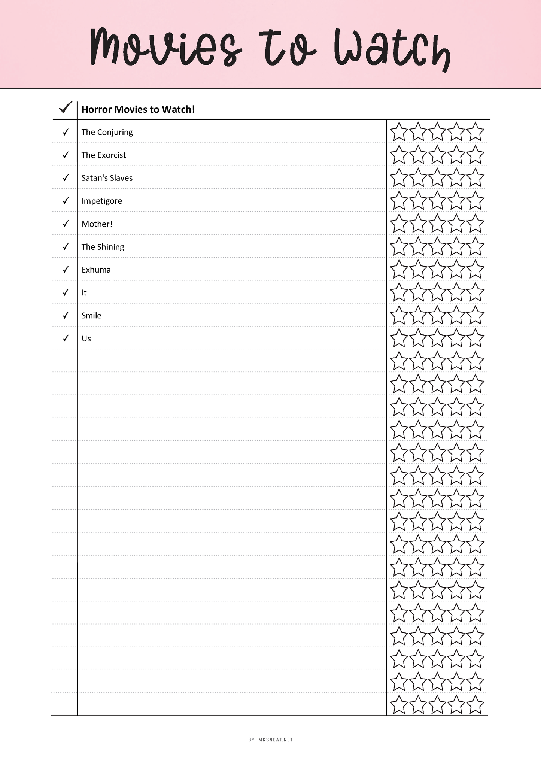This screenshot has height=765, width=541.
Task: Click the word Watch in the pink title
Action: coord(392,49)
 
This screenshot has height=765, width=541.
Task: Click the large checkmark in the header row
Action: coord(66,108)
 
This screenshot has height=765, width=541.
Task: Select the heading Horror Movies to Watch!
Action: coord(138,109)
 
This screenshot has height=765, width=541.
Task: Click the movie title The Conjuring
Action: coord(107,132)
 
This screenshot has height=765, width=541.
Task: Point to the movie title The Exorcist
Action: coord(104,155)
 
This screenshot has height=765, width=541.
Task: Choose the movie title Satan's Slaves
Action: coord(107,178)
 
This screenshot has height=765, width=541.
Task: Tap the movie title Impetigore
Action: coord(102,201)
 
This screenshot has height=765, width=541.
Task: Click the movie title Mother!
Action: coord(97,224)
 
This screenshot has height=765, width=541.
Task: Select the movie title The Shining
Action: coord(103,247)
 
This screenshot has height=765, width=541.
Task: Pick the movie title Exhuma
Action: coord(96,270)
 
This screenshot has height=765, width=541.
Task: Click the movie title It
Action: coord(84,293)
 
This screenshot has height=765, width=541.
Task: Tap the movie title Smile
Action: coord(91,316)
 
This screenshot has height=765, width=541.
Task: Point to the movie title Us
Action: coord(86,339)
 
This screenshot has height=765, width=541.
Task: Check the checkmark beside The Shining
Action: coord(66,246)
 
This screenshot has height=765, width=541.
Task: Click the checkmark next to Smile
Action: coord(66,315)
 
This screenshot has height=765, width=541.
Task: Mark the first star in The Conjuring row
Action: coord(399,132)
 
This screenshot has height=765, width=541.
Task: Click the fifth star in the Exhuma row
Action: coord(475,270)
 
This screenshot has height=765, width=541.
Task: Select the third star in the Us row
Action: coord(437,339)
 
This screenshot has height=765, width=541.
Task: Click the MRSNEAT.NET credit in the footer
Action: coord(276,740)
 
